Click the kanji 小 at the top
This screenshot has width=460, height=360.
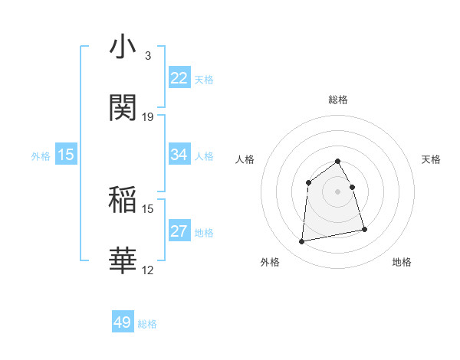(x=123, y=47)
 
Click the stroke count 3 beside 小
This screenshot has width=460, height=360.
(x=147, y=56)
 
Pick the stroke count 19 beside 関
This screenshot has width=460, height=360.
(x=148, y=117)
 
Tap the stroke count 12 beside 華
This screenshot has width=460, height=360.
(x=148, y=270)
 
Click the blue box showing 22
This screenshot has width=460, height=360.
(x=179, y=78)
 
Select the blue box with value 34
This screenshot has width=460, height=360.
(x=179, y=155)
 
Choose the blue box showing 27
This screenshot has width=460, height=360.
(x=179, y=231)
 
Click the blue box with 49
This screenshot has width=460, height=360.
(x=123, y=322)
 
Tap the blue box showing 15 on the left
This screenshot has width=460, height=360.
(x=66, y=155)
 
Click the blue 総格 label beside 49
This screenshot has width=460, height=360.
(x=147, y=324)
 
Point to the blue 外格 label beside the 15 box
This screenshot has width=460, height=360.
(x=41, y=155)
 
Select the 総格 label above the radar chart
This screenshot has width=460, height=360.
(x=337, y=100)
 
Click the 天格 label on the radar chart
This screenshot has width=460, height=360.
(x=431, y=159)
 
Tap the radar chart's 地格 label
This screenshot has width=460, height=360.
(x=402, y=262)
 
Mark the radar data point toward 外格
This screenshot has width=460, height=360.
(x=302, y=242)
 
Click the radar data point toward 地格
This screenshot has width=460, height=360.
(x=364, y=229)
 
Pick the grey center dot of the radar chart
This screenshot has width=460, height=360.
(x=337, y=191)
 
